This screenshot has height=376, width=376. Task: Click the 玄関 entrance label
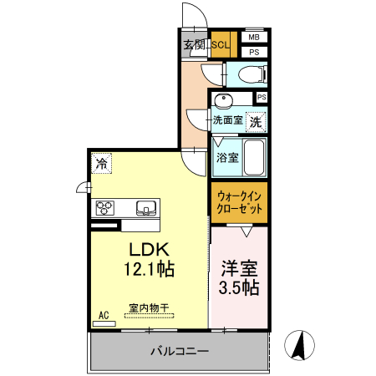click(x=194, y=44)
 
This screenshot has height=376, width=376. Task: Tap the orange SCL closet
click(x=222, y=45)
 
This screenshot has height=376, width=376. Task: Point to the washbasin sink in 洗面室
click(x=223, y=102)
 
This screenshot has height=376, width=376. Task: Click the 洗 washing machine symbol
click(x=256, y=120)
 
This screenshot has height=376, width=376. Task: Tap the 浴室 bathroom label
click(x=226, y=156)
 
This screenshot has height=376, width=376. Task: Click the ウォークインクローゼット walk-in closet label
click(x=239, y=202)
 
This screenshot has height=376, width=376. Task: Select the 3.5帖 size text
click(x=239, y=288)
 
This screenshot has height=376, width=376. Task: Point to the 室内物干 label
click(x=149, y=308)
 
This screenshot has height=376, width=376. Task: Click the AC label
click(x=104, y=315)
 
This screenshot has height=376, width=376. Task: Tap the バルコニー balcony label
click(x=180, y=352)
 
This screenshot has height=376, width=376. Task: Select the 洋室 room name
click(x=239, y=269)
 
